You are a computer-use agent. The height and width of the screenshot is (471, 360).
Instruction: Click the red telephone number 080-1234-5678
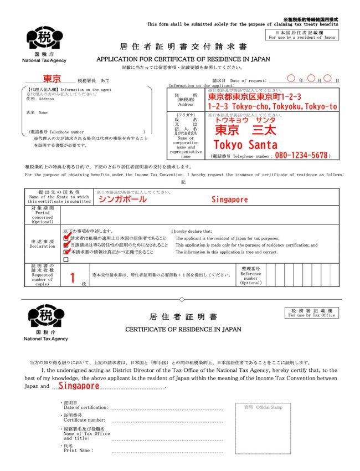[301, 156]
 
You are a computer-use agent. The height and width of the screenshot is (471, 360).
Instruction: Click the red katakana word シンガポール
[122, 199]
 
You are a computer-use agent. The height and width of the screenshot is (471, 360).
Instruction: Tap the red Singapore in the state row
[230, 199]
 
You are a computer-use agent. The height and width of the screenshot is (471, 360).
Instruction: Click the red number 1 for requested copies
[72, 278]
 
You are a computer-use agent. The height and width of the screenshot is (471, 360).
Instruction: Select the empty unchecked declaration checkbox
[66, 259]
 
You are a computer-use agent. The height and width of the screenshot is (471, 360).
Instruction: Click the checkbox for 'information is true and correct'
[66, 252]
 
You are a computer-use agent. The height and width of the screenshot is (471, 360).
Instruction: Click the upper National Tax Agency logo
[45, 39]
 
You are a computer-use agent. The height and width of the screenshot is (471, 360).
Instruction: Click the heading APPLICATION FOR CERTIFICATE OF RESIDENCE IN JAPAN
[183, 59]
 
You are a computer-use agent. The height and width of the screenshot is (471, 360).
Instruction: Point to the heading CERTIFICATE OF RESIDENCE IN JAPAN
[183, 329]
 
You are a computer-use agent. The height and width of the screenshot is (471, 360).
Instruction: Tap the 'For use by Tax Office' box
[312, 313]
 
